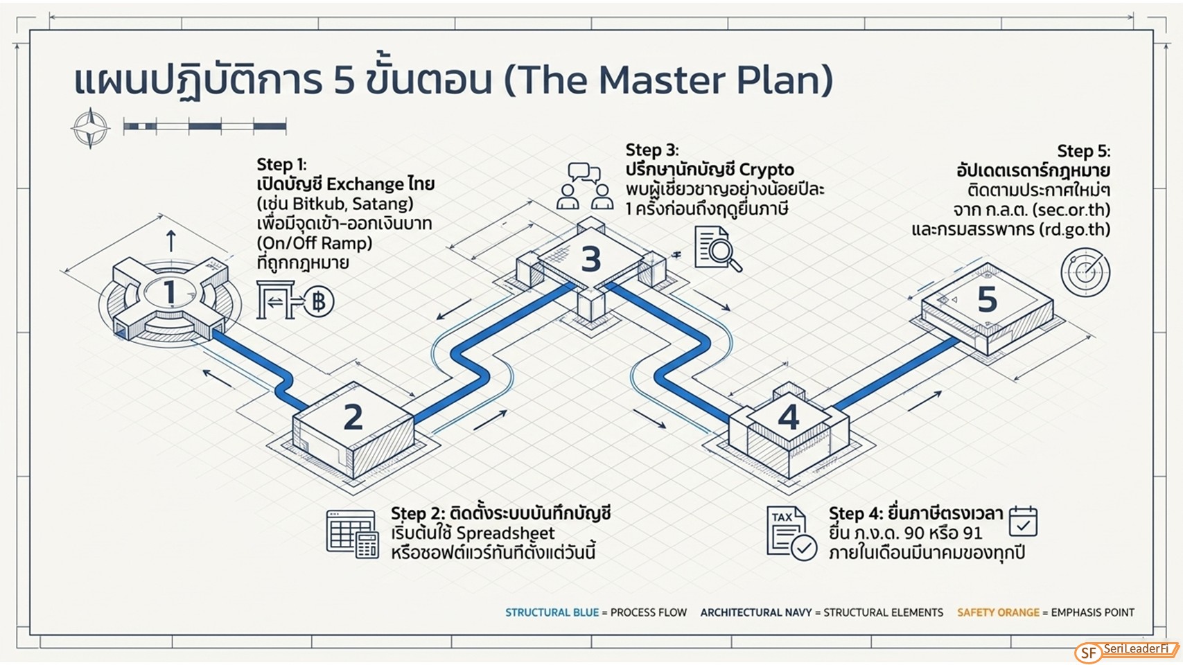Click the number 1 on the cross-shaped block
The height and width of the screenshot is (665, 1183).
[169, 292]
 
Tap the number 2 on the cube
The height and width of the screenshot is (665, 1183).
[353, 417]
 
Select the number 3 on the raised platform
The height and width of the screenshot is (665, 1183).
[591, 259]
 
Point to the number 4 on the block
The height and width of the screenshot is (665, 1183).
[789, 418]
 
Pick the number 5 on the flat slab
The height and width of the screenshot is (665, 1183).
[987, 300]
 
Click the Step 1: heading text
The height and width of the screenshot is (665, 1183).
[281, 164]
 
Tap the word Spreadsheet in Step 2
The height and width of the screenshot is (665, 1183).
[505, 533]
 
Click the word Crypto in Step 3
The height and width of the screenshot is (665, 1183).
[767, 170]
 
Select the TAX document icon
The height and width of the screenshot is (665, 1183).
[791, 533]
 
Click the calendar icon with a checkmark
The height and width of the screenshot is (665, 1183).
[1023, 522]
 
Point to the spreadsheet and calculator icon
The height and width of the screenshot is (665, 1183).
[352, 534]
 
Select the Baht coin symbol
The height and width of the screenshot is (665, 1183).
[319, 302]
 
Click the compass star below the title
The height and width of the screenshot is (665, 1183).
[90, 128]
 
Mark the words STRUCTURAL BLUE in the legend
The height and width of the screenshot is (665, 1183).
[552, 612]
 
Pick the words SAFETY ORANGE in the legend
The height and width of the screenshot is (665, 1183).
[998, 612]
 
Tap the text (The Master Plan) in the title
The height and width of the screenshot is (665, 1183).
[669, 80]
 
